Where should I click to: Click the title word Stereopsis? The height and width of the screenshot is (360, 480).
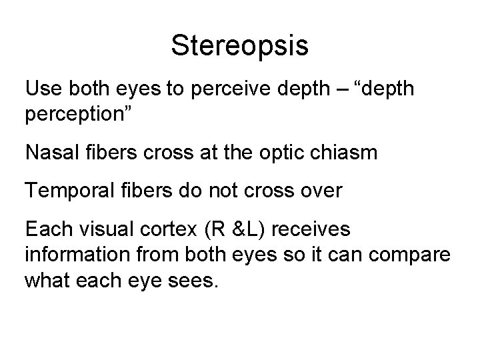coord(240,45)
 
